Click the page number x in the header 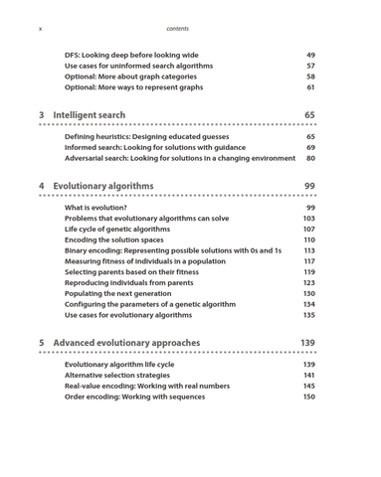pyautogui.click(x=40, y=29)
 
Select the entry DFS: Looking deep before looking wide pyautogui.click(x=131, y=55)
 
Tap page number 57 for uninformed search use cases pyautogui.click(x=310, y=66)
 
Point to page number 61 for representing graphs pyautogui.click(x=310, y=87)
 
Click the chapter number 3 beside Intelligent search pyautogui.click(x=41, y=115)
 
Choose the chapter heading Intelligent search pyautogui.click(x=89, y=115)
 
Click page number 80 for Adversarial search pyautogui.click(x=310, y=158)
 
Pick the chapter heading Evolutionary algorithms pyautogui.click(x=102, y=186)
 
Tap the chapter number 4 pyautogui.click(x=41, y=186)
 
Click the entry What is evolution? pyautogui.click(x=95, y=208)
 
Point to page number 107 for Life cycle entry pyautogui.click(x=308, y=229)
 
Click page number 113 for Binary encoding pyautogui.click(x=308, y=250)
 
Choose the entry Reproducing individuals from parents pyautogui.click(x=128, y=282)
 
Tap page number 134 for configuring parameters pyautogui.click(x=308, y=304)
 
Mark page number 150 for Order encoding pyautogui.click(x=308, y=397)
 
